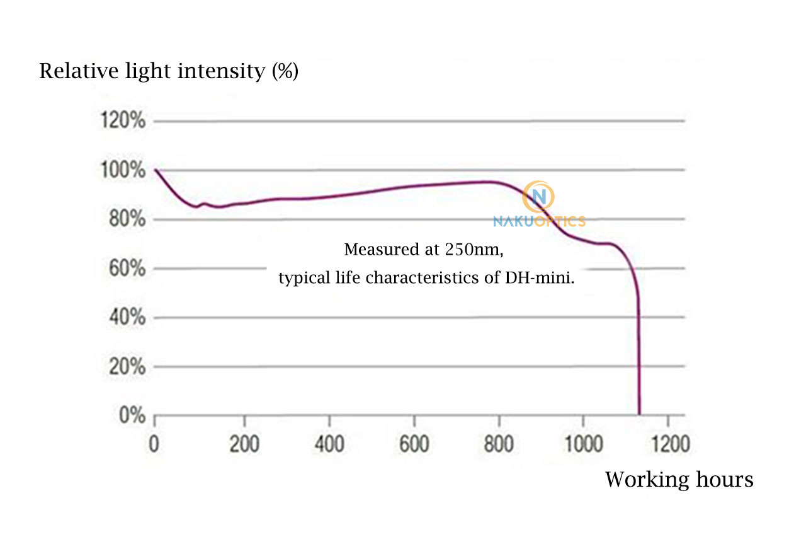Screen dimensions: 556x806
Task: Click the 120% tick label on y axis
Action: [123, 121]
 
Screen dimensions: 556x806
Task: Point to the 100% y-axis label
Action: [123, 170]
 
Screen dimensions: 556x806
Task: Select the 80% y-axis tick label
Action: [125, 219]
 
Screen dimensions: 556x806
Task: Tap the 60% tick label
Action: [125, 269]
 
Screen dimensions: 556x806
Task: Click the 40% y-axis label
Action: [125, 317]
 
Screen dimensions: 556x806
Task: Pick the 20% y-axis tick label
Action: [125, 366]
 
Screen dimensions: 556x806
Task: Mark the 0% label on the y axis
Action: [130, 415]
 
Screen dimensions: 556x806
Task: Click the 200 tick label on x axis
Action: [244, 444]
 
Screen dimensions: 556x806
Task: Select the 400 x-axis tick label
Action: [329, 444]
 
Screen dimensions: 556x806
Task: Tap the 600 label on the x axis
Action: [414, 444]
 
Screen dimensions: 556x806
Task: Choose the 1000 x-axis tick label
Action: [582, 444]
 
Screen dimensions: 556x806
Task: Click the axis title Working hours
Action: [679, 480]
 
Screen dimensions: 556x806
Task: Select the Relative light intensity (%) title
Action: [169, 71]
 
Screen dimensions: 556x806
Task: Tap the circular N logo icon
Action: [538, 197]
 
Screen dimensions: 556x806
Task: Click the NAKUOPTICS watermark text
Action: [539, 221]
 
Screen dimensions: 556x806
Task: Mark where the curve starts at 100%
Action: [155, 170]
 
